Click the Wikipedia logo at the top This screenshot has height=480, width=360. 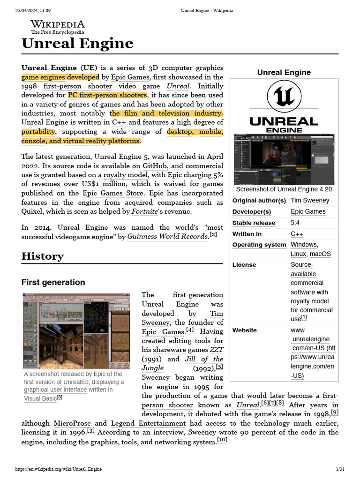57,27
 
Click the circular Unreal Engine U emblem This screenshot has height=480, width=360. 284,97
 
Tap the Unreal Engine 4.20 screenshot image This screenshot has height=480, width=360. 284,159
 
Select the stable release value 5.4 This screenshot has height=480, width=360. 295,223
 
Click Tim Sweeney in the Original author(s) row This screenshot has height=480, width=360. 310,200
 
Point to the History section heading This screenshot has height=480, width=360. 42,256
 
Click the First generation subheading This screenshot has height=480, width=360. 53,282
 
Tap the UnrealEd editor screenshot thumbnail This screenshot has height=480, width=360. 76,331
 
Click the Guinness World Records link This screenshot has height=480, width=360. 167,237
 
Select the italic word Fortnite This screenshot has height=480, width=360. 144,211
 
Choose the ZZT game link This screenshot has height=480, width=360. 216,350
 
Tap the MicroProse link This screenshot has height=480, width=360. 72,423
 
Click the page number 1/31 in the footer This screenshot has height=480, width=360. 340,469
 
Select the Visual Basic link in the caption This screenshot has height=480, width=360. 40,398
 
